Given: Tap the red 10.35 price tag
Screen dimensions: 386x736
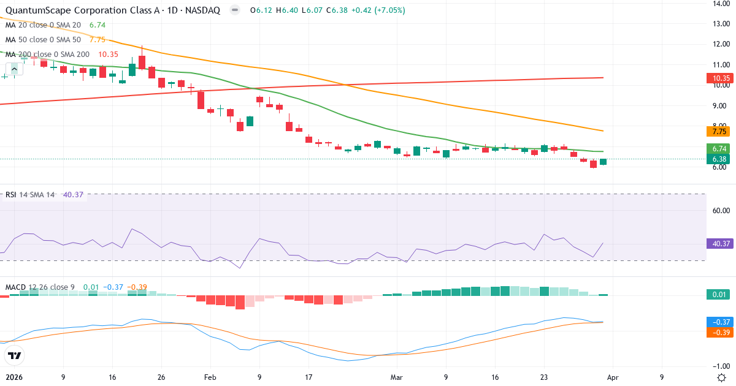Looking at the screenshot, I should (x=721, y=78).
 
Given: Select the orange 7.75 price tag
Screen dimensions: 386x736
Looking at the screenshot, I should (x=721, y=131).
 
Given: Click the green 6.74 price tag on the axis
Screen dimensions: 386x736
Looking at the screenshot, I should (x=721, y=148).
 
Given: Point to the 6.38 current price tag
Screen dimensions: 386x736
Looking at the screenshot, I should (x=721, y=159).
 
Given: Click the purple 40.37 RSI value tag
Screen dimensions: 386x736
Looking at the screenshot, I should (x=721, y=243).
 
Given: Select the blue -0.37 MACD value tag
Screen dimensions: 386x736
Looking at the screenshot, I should (x=721, y=322).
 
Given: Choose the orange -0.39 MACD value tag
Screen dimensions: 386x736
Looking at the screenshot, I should (x=721, y=332).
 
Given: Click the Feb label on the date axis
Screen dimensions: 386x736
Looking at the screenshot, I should (x=210, y=377).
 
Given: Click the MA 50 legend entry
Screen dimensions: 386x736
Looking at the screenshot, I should (x=43, y=39).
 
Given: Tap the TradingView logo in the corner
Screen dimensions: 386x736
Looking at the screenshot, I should (x=15, y=355).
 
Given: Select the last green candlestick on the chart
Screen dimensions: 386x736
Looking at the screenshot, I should (x=604, y=162).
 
